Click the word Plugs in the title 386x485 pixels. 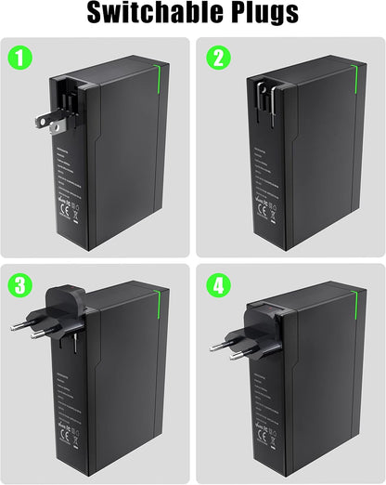(x=262, y=14)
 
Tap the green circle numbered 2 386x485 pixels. (x=219, y=59)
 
